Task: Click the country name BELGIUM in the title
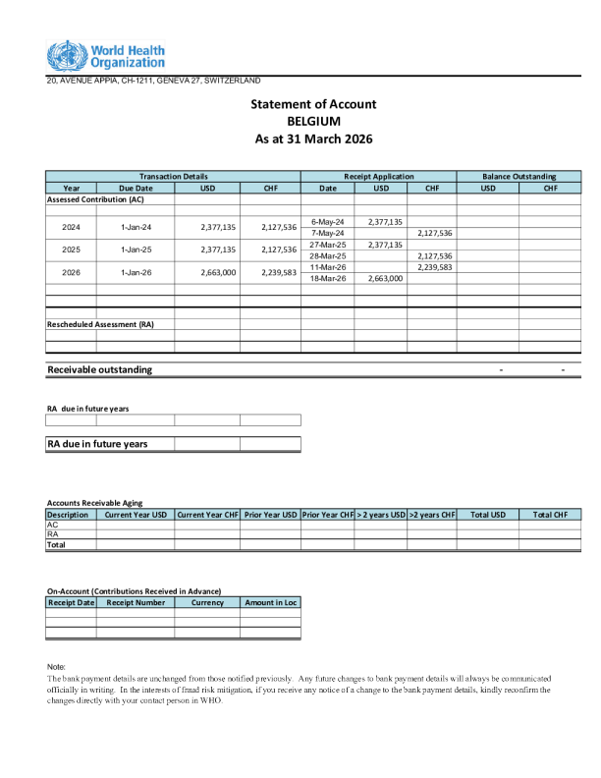(x=313, y=122)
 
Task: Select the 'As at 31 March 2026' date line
(x=313, y=139)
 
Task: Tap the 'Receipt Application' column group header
(x=378, y=176)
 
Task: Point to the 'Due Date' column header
(x=136, y=188)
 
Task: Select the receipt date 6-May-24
(x=327, y=222)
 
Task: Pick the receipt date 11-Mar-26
(x=327, y=267)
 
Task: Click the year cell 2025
(x=71, y=250)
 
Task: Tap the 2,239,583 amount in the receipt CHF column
(x=433, y=267)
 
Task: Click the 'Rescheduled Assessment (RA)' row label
(x=100, y=323)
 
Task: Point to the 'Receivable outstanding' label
(x=100, y=369)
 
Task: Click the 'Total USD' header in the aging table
(x=487, y=514)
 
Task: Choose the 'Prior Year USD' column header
(x=270, y=514)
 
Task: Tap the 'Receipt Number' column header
(x=136, y=602)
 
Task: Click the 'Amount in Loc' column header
(x=270, y=602)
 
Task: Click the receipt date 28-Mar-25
(x=327, y=255)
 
